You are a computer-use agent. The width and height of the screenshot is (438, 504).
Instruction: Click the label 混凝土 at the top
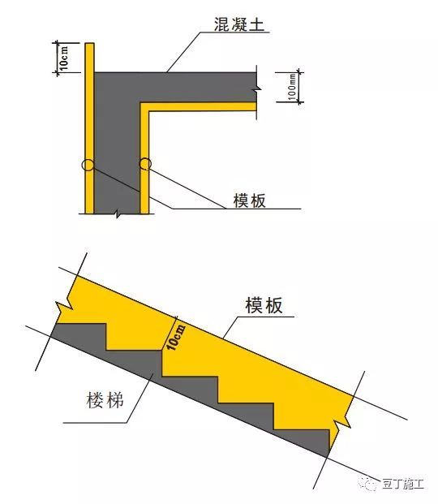(239, 24)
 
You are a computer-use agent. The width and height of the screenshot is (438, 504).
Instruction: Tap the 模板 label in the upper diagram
(250, 200)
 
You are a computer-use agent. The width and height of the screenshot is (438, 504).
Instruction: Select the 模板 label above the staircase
(264, 305)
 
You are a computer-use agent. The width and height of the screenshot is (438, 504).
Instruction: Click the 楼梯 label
(105, 401)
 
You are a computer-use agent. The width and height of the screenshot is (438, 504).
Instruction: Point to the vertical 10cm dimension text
(63, 58)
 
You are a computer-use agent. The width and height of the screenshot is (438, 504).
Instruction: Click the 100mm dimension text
(292, 87)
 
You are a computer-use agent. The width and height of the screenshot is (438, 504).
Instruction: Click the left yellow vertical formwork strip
(89, 128)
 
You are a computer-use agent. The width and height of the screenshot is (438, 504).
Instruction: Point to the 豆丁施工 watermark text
(402, 484)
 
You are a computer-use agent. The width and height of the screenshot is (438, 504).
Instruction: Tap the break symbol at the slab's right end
(257, 88)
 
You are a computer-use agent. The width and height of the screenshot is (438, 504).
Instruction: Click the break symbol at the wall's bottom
(118, 213)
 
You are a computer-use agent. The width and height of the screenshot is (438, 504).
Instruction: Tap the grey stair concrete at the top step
(79, 334)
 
